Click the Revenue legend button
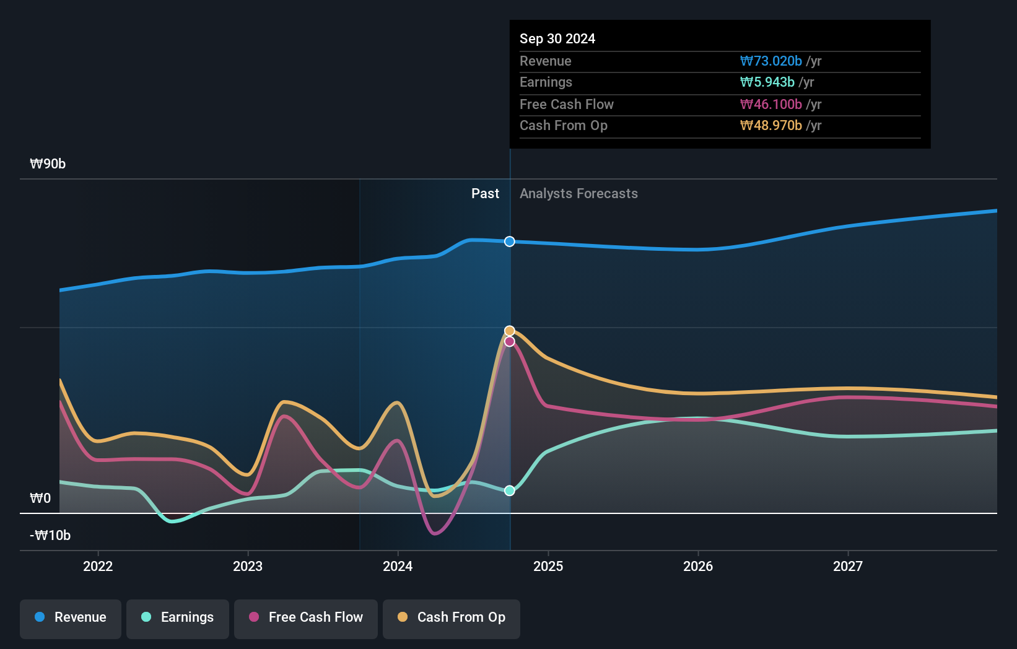point(71,617)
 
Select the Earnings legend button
point(178,617)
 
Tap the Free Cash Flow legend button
point(306,617)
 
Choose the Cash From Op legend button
point(452,617)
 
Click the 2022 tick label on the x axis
point(98,566)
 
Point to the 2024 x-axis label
point(398,566)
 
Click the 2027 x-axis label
point(847,566)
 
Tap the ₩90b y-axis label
point(48,164)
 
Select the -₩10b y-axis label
point(50,536)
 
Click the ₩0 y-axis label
point(40,499)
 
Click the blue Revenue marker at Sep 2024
point(509,242)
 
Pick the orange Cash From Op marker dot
point(509,331)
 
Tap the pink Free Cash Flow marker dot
point(509,341)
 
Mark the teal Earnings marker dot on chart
point(509,490)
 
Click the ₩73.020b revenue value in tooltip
point(771,61)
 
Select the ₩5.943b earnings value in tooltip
point(767,82)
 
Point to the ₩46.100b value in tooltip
point(771,105)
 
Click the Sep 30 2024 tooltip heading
point(557,39)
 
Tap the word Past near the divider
point(485,194)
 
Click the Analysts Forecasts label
point(578,194)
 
